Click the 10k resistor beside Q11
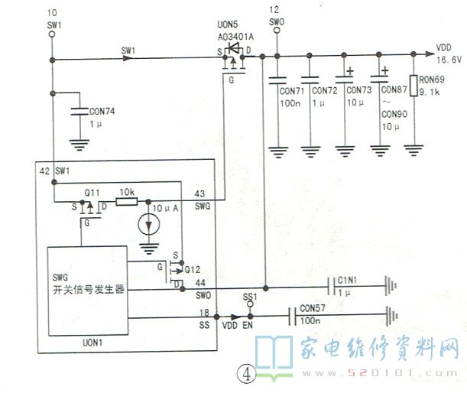tap(127, 202)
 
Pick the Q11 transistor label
tap(92, 191)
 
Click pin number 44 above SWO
tap(200, 282)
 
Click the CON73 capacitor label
tap(359, 90)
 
